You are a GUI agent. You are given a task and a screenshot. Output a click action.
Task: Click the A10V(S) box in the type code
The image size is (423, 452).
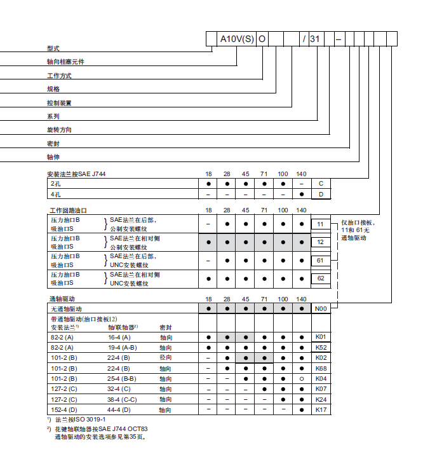(x=237, y=39)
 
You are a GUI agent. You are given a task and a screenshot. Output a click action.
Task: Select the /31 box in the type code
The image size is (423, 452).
(x=312, y=39)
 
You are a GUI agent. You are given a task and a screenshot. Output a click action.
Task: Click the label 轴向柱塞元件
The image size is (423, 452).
(x=65, y=62)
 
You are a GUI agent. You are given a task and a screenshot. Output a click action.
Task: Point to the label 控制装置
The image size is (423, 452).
(x=59, y=102)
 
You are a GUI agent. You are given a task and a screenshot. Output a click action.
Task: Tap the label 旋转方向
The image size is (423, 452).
(x=59, y=130)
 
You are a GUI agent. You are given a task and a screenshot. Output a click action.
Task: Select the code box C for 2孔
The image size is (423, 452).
(x=321, y=183)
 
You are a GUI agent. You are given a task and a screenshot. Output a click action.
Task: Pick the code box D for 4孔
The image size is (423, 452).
(x=321, y=193)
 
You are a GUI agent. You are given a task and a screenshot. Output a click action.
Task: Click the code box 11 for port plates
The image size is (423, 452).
(x=321, y=224)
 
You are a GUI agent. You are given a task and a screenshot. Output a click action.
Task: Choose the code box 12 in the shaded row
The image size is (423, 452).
(x=321, y=242)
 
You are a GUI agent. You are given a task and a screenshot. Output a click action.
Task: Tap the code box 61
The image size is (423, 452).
(x=321, y=260)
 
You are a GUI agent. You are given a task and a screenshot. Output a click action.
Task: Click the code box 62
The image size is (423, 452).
(x=321, y=278)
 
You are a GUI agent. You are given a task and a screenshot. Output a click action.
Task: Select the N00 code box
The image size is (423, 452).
(x=321, y=308)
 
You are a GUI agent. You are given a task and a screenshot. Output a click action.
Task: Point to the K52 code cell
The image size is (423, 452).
(x=321, y=348)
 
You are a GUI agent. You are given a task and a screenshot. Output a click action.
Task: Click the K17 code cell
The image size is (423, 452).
(x=321, y=409)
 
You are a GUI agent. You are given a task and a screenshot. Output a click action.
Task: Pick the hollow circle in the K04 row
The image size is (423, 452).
(x=302, y=379)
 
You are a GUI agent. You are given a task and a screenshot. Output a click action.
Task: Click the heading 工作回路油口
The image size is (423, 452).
(x=68, y=210)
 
